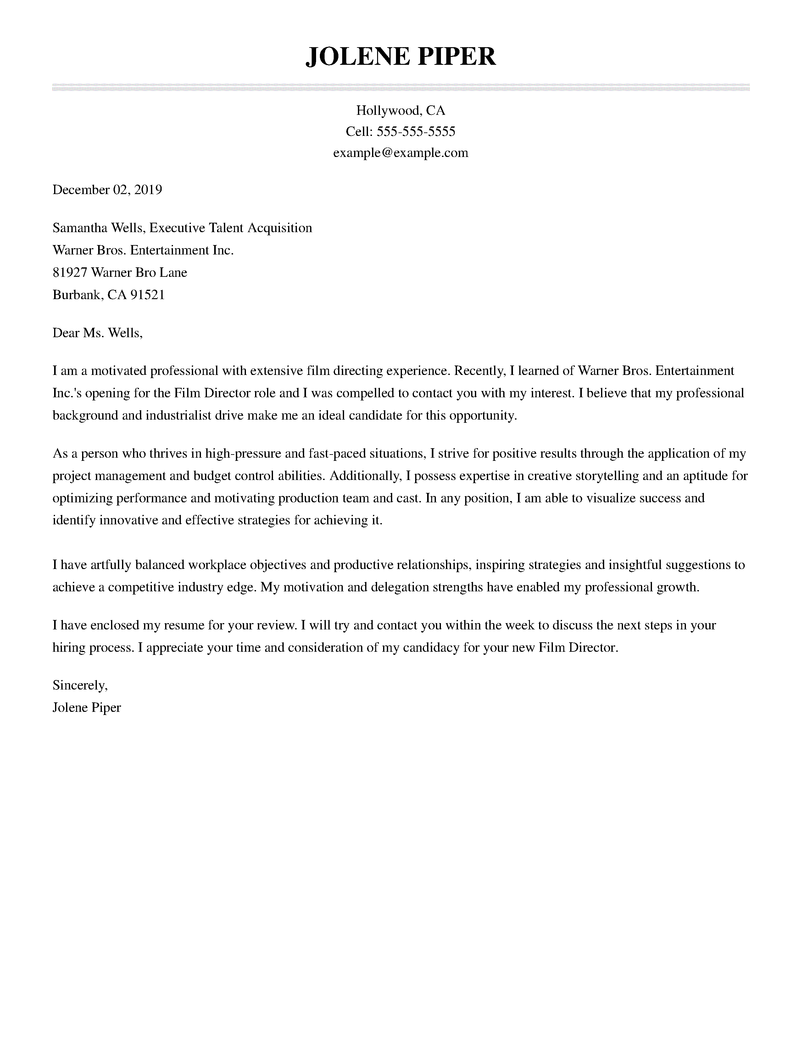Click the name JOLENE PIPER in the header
(x=400, y=57)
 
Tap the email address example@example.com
(x=400, y=153)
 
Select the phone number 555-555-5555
(x=416, y=131)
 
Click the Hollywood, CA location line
(x=400, y=110)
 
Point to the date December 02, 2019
(x=107, y=190)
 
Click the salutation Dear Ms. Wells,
(x=97, y=333)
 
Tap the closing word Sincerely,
(x=80, y=685)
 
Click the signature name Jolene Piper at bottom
(x=86, y=708)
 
